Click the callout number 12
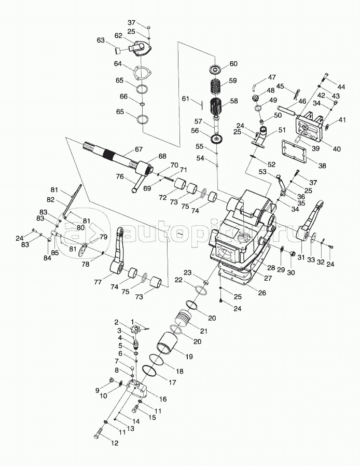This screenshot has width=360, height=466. (x=115, y=443)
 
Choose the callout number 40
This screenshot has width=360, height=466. (x=337, y=149)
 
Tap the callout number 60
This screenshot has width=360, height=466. (x=233, y=64)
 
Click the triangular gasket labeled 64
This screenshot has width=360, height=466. (x=140, y=72)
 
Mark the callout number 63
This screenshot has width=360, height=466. (x=101, y=39)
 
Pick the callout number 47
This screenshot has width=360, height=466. (x=272, y=77)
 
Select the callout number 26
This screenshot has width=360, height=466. (x=262, y=293)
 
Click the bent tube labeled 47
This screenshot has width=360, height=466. (x=254, y=84)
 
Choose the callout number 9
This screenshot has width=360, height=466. (x=97, y=389)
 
